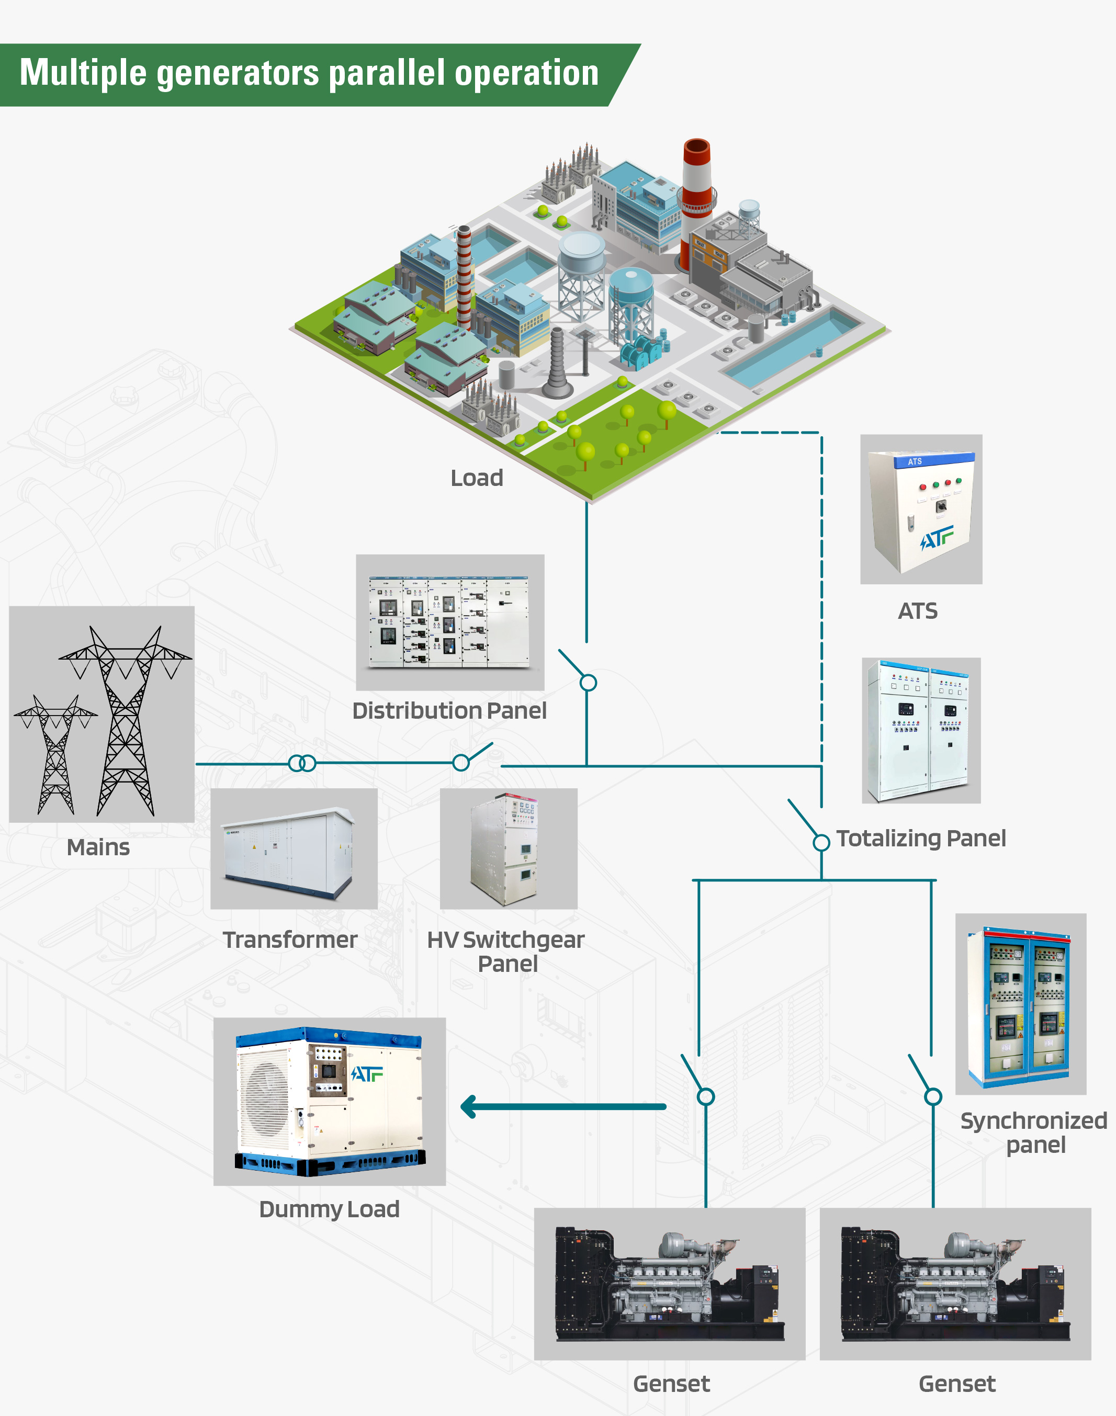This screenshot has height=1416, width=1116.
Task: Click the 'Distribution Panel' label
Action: (449, 710)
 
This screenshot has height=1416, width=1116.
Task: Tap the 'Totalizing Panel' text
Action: (921, 838)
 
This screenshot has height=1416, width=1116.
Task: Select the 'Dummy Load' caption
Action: (329, 1209)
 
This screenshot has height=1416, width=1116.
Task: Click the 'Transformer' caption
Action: (290, 940)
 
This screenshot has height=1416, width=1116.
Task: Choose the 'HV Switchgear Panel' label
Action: (506, 951)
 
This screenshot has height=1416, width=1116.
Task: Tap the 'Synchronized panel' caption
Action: (1034, 1132)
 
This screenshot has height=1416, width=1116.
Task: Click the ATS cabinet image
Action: (921, 509)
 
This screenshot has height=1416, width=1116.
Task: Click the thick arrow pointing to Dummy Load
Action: (562, 1106)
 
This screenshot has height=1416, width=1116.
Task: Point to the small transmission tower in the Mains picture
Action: (55, 751)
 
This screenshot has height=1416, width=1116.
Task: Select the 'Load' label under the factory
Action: (477, 478)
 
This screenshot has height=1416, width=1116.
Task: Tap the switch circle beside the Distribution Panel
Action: (588, 683)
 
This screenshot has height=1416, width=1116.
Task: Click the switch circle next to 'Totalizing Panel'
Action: (821, 843)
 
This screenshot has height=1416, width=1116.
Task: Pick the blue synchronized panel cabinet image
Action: (1021, 1004)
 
